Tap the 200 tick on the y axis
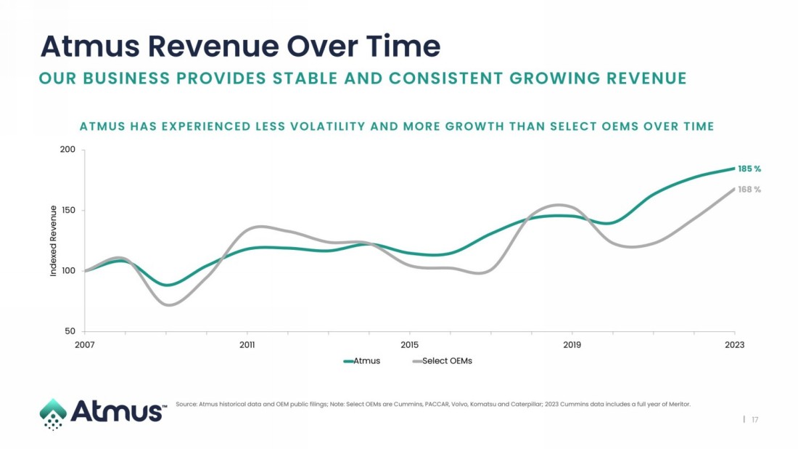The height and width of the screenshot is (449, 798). [x=68, y=150]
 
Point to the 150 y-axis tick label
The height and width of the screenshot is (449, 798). [x=68, y=211]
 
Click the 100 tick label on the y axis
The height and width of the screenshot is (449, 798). [x=68, y=271]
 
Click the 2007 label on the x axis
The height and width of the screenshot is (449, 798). [x=85, y=344]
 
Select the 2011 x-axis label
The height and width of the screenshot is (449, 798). [x=247, y=344]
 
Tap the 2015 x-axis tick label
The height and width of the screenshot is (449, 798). [x=410, y=344]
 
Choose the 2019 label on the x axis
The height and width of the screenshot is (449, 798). [x=572, y=344]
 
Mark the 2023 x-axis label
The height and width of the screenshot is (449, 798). [x=735, y=344]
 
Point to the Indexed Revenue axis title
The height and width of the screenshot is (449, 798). [x=53, y=240]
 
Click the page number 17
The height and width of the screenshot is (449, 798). [x=755, y=419]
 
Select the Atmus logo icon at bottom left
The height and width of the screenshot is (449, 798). [x=53, y=413]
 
